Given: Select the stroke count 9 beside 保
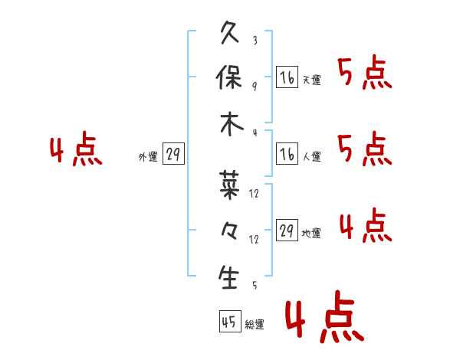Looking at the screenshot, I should pyautogui.click(x=254, y=87).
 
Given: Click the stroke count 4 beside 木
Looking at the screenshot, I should pyautogui.click(x=254, y=133).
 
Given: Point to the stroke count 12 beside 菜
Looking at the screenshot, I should pyautogui.click(x=255, y=194).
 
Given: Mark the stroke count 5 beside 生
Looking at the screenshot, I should pyautogui.click(x=254, y=286).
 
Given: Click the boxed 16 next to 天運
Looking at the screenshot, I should pyautogui.click(x=287, y=77).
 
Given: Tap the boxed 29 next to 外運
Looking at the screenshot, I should pyautogui.click(x=172, y=155).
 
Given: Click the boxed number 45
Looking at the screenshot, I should pyautogui.click(x=228, y=322).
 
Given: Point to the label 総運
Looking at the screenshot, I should pyautogui.click(x=255, y=325).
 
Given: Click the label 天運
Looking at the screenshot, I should pyautogui.click(x=311, y=80).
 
